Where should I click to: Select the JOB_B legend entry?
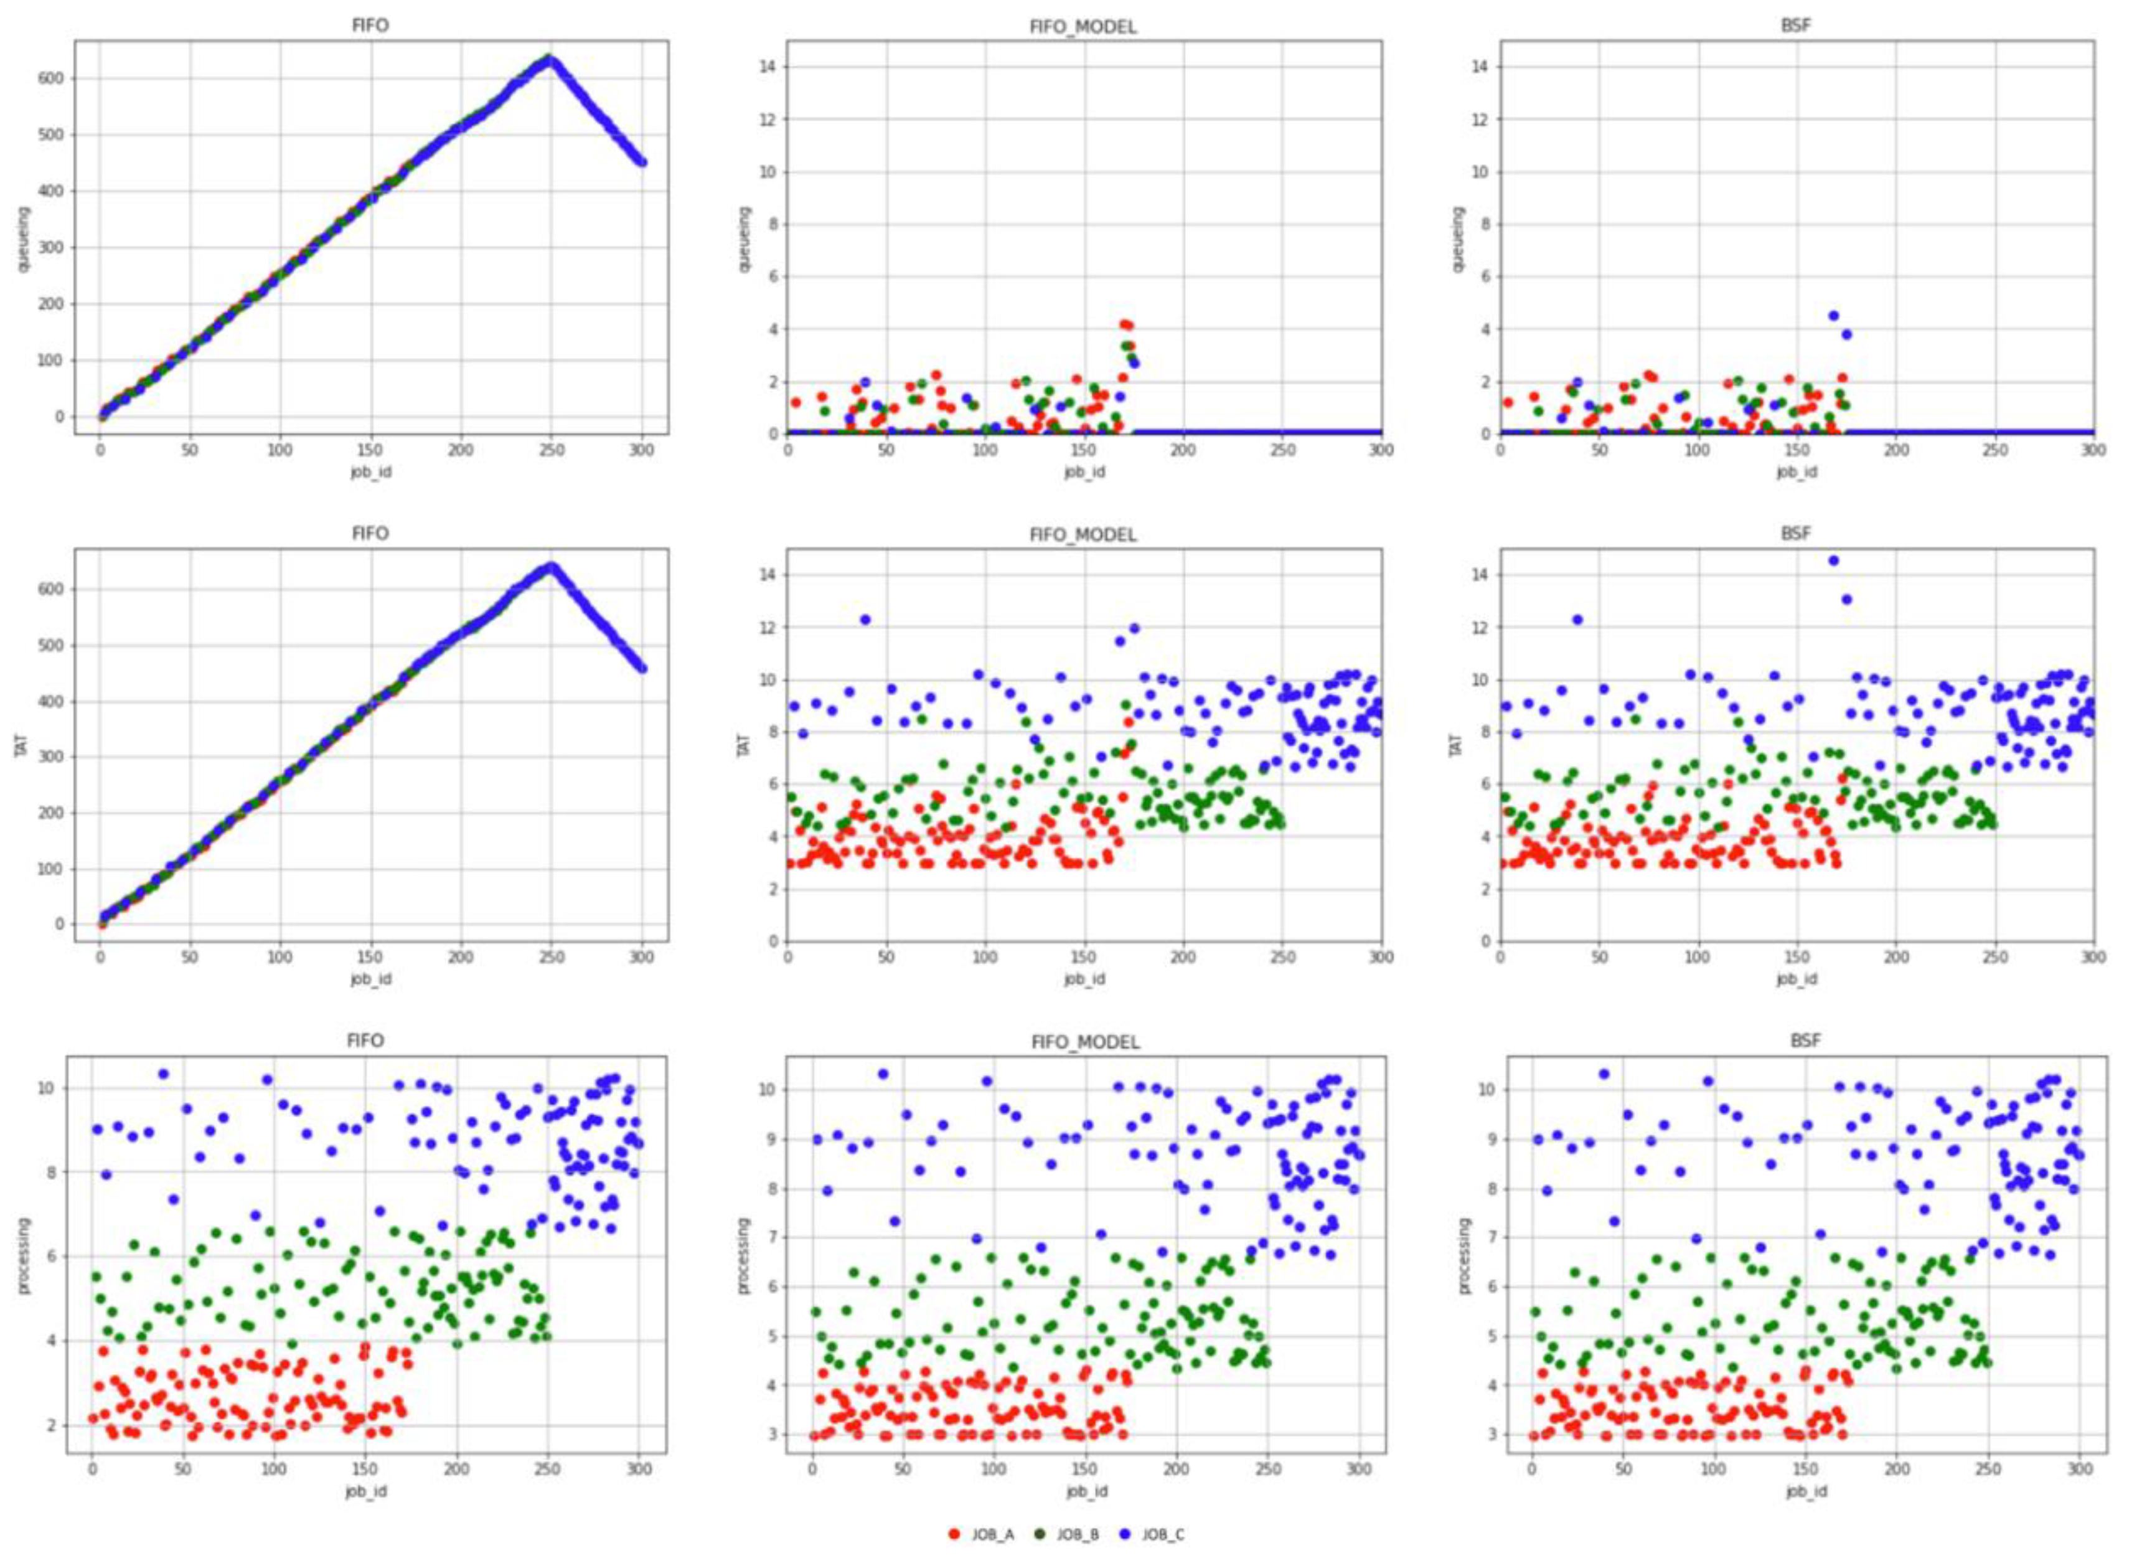(1068, 1534)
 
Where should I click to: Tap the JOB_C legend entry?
(1154, 1534)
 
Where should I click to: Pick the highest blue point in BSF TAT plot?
(1833, 560)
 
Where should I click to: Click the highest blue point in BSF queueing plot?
(1833, 316)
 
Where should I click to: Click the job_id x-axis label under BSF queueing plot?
(1796, 471)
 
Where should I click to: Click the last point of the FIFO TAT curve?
(643, 668)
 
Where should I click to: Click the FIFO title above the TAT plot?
(370, 534)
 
